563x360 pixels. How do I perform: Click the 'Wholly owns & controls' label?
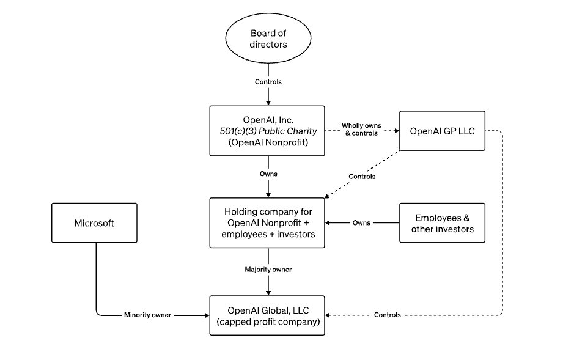(x=361, y=129)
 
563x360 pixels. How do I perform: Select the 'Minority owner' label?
(x=147, y=315)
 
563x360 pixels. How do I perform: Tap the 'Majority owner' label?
(x=268, y=269)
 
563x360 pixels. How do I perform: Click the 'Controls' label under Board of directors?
(x=268, y=82)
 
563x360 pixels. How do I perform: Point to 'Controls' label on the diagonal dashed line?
(x=362, y=177)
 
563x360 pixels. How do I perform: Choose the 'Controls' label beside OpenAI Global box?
(x=387, y=315)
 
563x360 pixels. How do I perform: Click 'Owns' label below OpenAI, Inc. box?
(x=268, y=174)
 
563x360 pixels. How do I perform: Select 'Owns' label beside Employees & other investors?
(x=361, y=223)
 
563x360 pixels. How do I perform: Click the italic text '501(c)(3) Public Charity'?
(x=268, y=131)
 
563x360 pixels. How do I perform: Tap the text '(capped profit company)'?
(x=268, y=321)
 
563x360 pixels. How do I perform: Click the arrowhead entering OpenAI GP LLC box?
(x=397, y=131)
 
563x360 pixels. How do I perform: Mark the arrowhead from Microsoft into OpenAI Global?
(x=207, y=315)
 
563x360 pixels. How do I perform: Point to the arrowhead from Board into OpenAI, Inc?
(x=268, y=103)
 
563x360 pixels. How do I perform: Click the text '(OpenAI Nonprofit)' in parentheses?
(x=268, y=142)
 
